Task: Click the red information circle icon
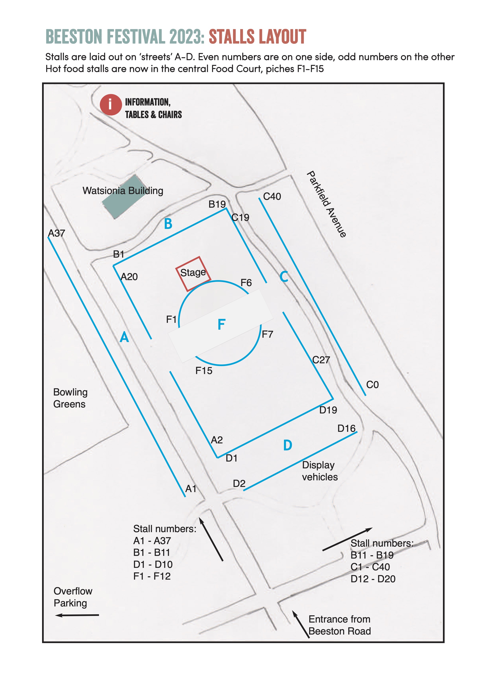click(111, 105)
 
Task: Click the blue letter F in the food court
click(222, 324)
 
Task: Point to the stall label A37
click(57, 233)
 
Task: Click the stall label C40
click(272, 197)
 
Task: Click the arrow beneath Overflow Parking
click(77, 615)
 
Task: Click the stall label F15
click(204, 371)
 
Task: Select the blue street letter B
click(168, 224)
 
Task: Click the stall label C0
click(372, 385)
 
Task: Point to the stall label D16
click(346, 429)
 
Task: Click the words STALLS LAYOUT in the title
click(257, 37)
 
